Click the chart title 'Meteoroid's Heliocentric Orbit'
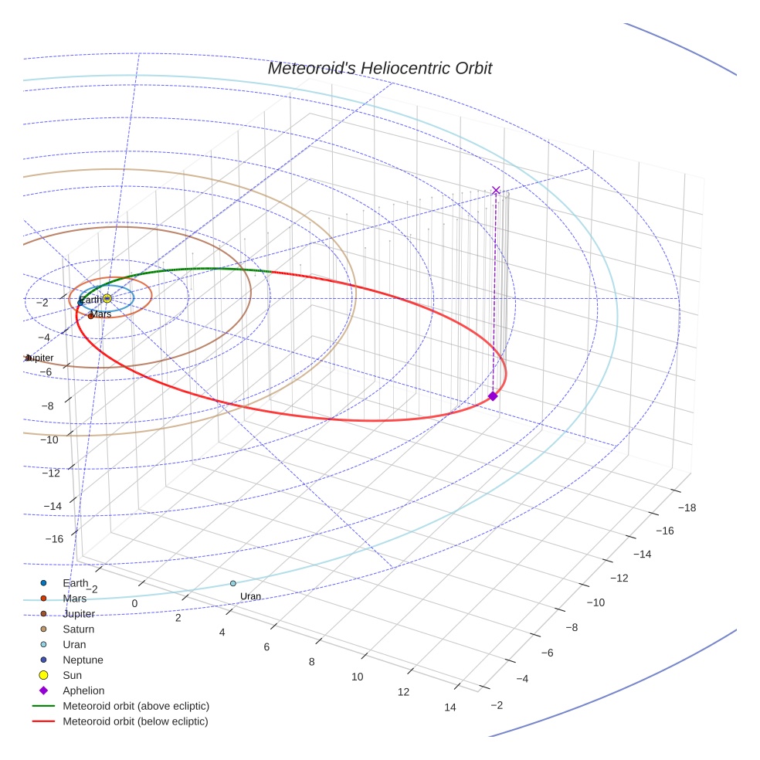click(x=379, y=68)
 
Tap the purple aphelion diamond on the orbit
click(x=493, y=396)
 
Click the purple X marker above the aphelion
click(x=496, y=191)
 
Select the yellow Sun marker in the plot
click(x=107, y=298)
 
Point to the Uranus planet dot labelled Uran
click(x=233, y=583)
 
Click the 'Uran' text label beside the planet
click(x=250, y=596)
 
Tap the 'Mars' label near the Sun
click(x=100, y=314)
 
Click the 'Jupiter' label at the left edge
click(x=40, y=358)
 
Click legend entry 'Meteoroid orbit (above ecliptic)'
click(x=135, y=706)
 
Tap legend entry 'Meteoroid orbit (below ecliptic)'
click(x=135, y=721)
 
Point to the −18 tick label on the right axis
click(x=686, y=507)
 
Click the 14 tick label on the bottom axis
click(x=450, y=707)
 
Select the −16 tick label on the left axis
click(x=53, y=538)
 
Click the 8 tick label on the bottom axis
click(x=312, y=662)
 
